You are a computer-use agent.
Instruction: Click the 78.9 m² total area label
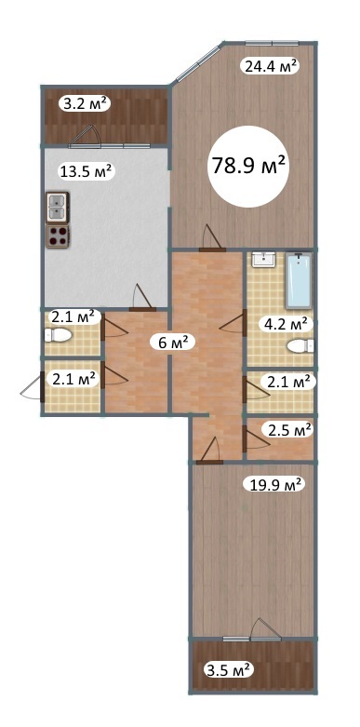point(247,166)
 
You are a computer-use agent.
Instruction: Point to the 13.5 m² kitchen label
point(87,171)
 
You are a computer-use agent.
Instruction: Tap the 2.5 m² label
point(289,430)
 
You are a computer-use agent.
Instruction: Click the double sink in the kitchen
point(58,207)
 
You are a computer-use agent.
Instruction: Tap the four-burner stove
point(58,236)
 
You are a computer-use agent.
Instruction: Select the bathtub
point(299,280)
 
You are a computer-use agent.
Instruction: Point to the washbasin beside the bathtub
point(264,260)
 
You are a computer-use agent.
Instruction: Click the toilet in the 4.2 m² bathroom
point(300,346)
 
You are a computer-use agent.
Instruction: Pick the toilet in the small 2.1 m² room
point(57,335)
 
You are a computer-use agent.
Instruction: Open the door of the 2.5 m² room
point(256,438)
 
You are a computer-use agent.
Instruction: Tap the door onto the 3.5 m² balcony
point(265,628)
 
